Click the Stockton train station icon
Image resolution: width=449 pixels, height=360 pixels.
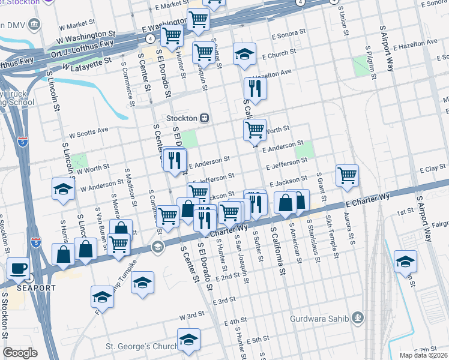(205, 118)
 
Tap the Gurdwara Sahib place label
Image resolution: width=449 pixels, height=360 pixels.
(324, 318)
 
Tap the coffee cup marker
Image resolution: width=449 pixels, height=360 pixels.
(17, 268)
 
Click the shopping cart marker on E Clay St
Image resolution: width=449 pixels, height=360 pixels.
(347, 175)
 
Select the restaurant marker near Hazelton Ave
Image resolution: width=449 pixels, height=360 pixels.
(255, 88)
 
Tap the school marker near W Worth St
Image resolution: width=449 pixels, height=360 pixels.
(63, 189)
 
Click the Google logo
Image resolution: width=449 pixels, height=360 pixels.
(20, 353)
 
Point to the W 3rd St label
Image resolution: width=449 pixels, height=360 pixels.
(192, 315)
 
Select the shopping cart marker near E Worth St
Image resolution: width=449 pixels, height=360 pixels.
(255, 129)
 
